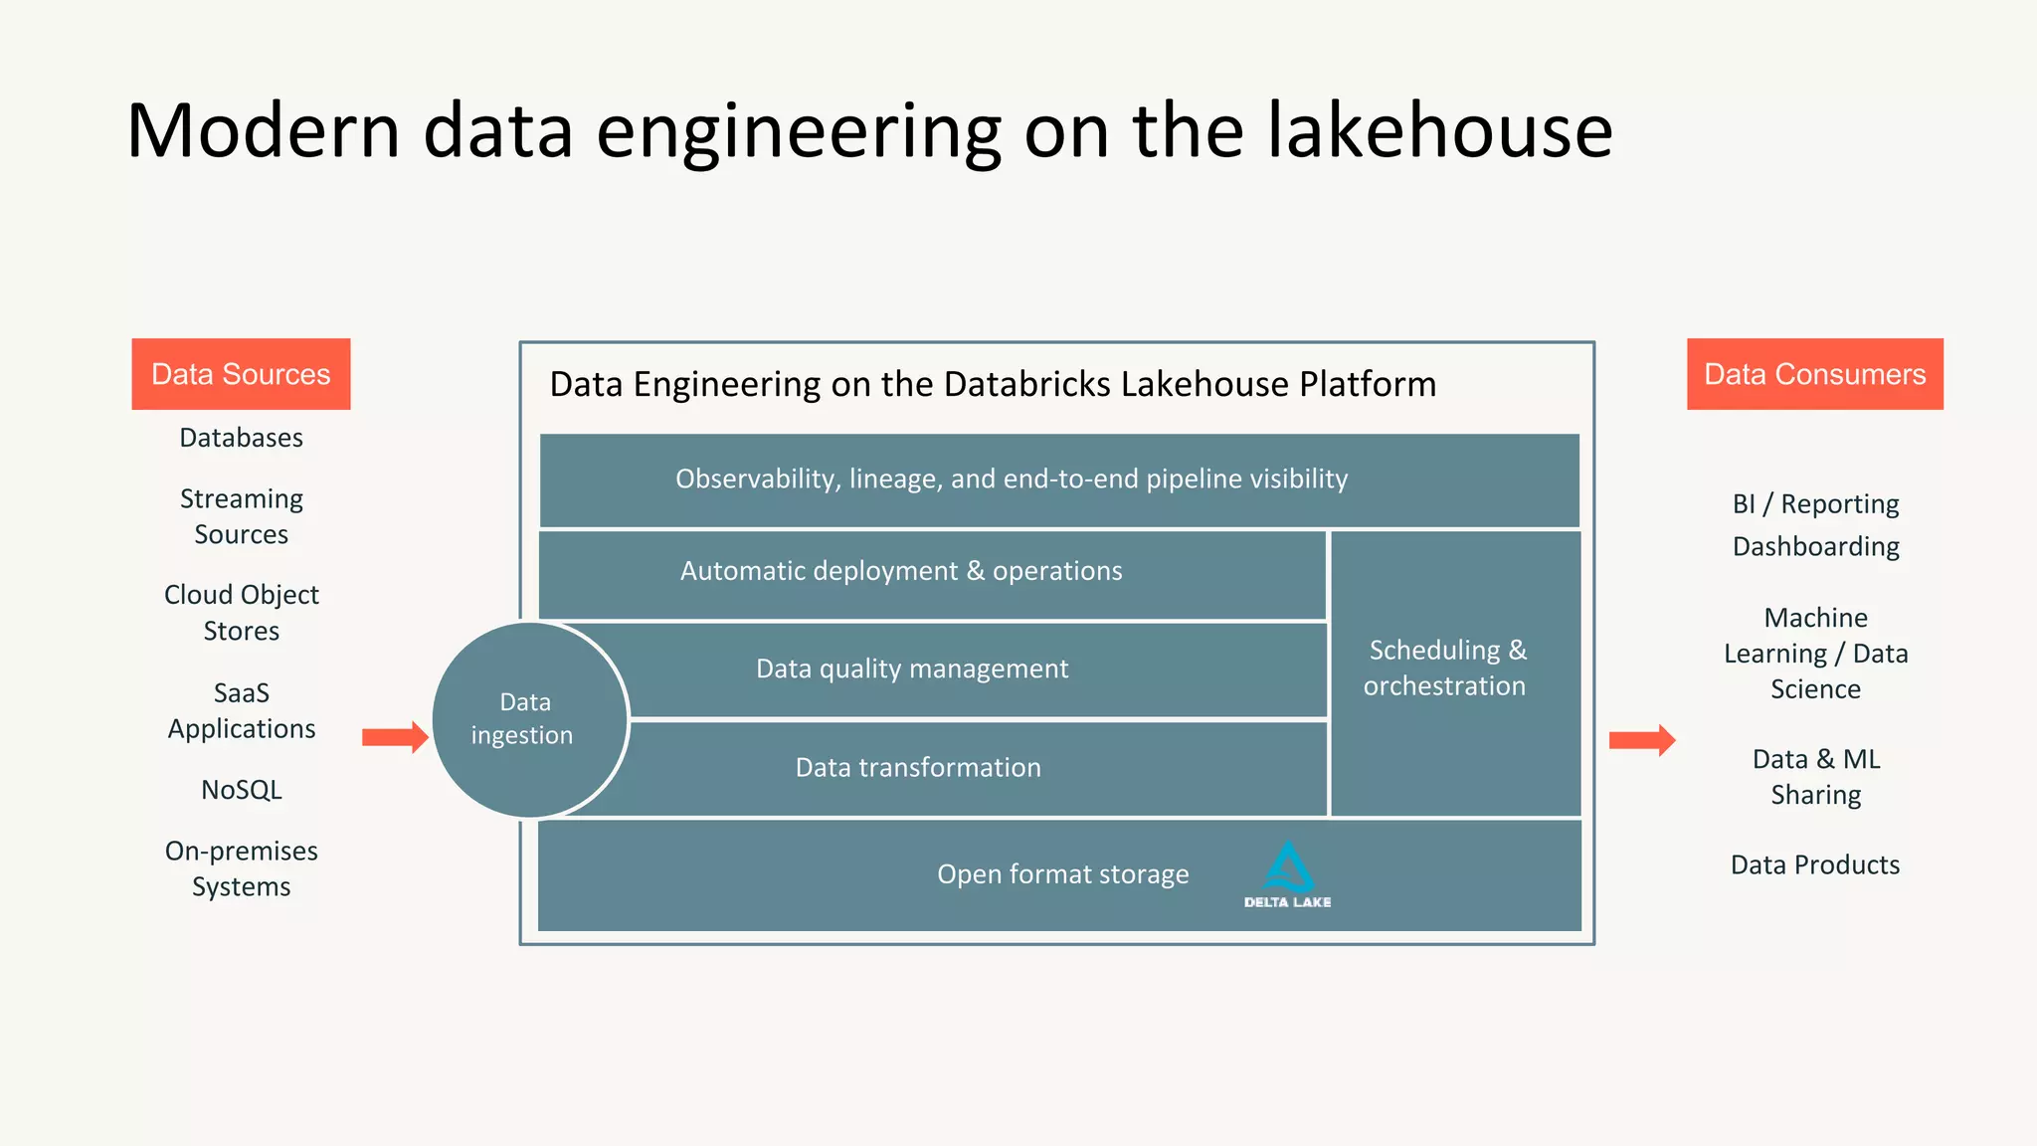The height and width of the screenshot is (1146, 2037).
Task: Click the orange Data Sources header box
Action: tap(241, 374)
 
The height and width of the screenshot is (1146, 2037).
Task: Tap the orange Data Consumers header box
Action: tap(1814, 374)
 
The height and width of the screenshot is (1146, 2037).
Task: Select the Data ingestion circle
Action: tap(528, 719)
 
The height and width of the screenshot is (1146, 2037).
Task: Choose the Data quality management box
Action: tap(912, 668)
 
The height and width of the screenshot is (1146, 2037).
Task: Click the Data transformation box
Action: tap(918, 767)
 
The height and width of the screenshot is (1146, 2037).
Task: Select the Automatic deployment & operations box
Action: tap(901, 571)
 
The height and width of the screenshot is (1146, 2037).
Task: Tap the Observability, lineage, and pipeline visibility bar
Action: tap(1012, 479)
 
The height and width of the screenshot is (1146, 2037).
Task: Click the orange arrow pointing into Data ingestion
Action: tap(395, 737)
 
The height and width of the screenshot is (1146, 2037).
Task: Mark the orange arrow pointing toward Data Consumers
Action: tap(1642, 740)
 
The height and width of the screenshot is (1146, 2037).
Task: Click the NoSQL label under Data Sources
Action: tap(242, 790)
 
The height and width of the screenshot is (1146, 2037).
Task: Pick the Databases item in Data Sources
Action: tap(242, 438)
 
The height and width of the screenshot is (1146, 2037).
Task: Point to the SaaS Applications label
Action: tap(242, 710)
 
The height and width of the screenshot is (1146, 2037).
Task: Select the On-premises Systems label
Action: tap(242, 868)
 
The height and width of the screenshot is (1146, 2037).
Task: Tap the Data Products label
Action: tap(1815, 864)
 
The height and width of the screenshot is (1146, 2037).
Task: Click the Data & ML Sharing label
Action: tap(1815, 777)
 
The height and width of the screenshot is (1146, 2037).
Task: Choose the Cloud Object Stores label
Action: tap(242, 613)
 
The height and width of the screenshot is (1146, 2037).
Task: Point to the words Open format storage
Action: tap(1062, 874)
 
